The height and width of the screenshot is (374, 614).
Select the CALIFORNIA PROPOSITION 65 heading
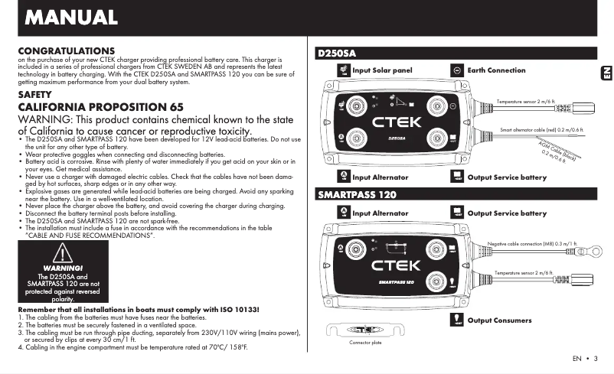100,106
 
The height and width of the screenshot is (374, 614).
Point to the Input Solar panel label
382,70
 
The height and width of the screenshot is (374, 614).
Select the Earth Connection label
496,70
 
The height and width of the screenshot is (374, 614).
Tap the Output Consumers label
499,320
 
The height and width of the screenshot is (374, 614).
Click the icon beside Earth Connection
456,70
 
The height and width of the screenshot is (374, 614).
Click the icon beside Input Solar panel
342,70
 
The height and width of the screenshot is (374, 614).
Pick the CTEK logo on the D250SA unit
396,122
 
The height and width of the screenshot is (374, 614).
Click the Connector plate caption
365,343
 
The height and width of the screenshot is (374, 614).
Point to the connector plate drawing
364,330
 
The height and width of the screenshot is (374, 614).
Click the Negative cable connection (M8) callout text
532,243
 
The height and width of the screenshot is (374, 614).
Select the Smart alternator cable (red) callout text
541,130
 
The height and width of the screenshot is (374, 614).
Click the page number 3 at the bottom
595,358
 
